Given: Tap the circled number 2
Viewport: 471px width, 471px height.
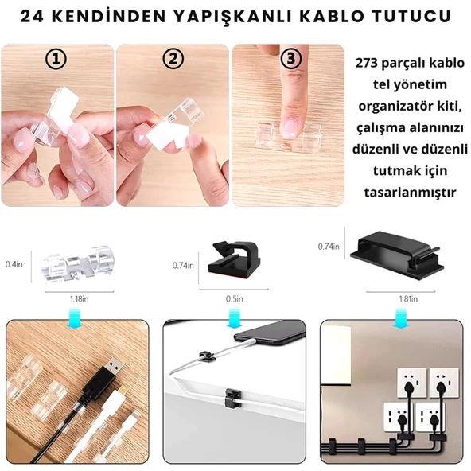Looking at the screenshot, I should tap(173, 60).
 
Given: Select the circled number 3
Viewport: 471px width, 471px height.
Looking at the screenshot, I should tap(291, 60).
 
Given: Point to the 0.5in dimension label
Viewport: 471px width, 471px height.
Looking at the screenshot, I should tap(234, 298).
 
